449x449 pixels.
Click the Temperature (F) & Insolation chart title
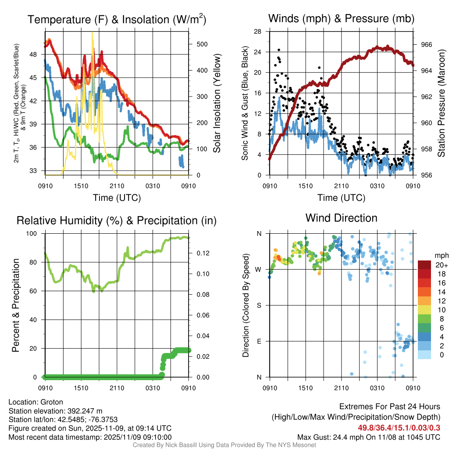click(117, 20)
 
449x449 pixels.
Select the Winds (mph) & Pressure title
click(341, 18)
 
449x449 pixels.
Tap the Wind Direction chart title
click(341, 218)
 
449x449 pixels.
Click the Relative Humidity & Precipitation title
click(117, 221)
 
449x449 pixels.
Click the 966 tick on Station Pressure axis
click(426, 45)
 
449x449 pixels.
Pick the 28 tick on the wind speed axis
click(257, 31)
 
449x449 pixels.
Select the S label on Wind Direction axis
click(259, 305)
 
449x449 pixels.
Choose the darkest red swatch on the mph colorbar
click(425, 265)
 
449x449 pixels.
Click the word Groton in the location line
click(52, 402)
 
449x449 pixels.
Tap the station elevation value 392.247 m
click(84, 411)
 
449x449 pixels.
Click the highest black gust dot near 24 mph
click(279, 50)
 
